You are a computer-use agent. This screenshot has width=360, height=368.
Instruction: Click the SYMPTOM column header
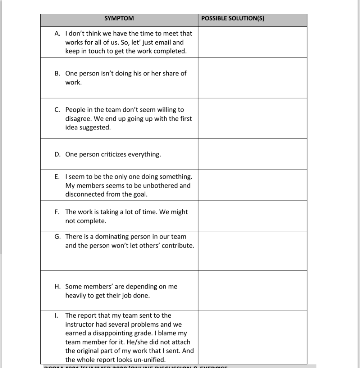(119, 18)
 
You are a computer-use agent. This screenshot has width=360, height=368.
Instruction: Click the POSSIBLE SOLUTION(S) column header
(233, 18)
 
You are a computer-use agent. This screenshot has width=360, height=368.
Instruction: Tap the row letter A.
(57, 33)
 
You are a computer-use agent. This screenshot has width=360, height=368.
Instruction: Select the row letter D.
(58, 155)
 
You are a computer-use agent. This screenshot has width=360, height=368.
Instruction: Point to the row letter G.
(58, 237)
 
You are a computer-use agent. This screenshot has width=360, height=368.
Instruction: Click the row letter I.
(56, 316)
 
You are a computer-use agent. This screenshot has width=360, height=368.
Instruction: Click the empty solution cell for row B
(252, 78)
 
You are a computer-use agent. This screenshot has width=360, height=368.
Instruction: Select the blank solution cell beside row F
(252, 216)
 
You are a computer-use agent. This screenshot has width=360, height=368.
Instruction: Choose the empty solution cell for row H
(252, 291)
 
